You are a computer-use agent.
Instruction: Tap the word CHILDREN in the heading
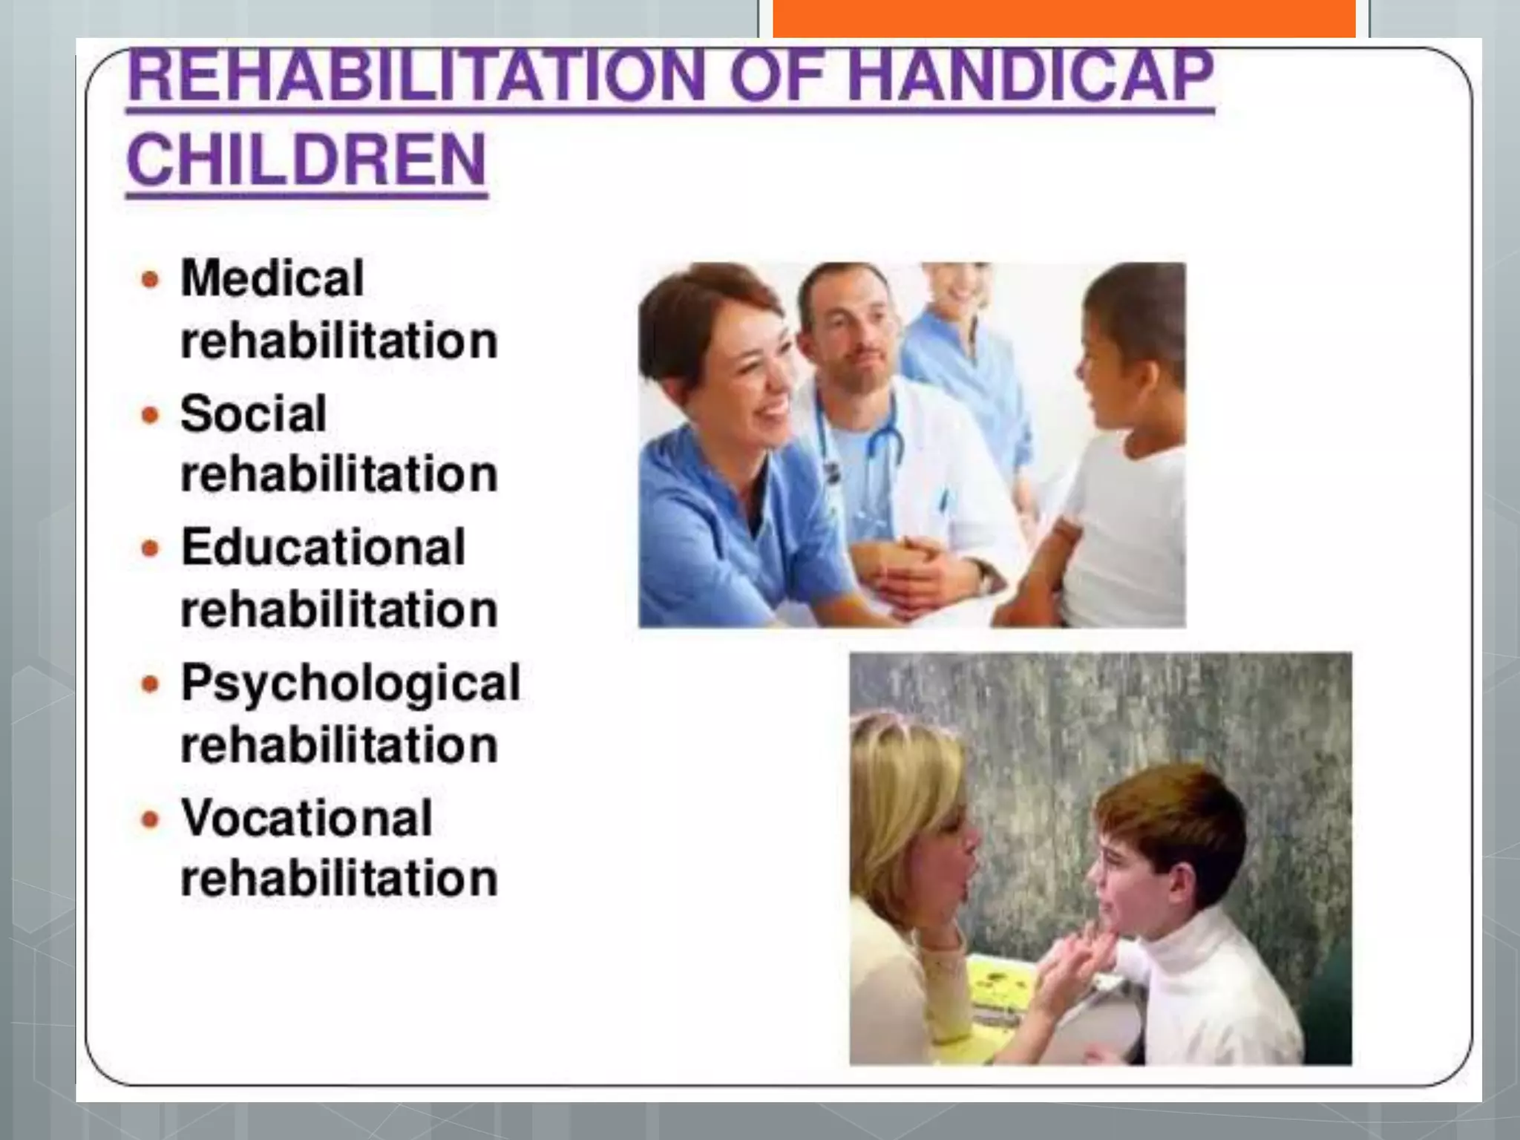(307, 160)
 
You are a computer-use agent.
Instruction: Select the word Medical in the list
(272, 278)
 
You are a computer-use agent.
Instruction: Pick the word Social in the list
(253, 413)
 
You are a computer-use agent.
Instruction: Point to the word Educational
(323, 548)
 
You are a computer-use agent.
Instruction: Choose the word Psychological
(350, 683)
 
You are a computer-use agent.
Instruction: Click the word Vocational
(307, 818)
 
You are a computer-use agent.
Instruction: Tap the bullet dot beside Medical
(151, 280)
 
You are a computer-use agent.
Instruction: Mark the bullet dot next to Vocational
(151, 819)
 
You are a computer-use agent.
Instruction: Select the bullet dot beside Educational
(151, 549)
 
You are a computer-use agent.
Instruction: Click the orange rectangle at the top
(1064, 18)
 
